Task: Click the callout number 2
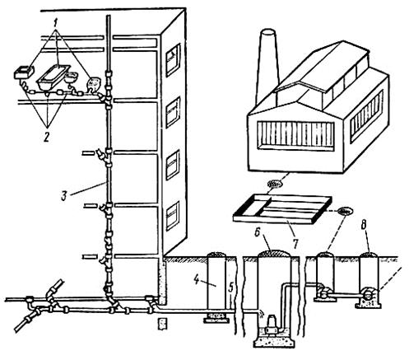coord(46,136)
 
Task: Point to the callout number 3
coord(63,196)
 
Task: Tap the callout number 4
coord(197,279)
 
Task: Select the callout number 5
coord(231,288)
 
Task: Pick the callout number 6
coord(258,232)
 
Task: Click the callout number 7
coord(295,244)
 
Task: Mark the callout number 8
coord(363,225)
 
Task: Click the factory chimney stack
coord(267,66)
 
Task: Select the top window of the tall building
coord(173,59)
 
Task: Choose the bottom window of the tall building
coord(173,216)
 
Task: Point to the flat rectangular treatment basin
coord(282,209)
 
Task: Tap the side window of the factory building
coord(366,118)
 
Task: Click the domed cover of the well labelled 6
coord(274,253)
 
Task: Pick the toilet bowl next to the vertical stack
coord(93,84)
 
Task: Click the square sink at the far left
coord(24,72)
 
